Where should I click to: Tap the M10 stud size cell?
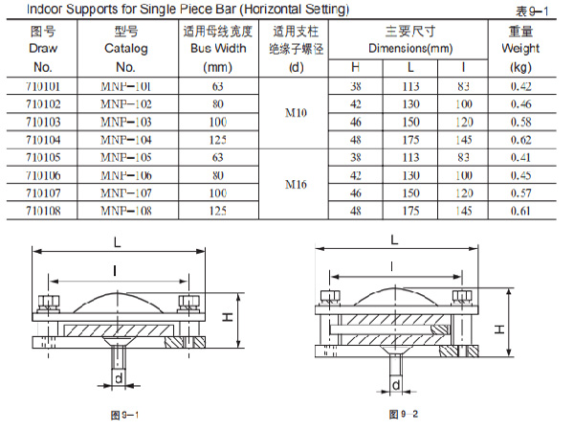pos(296,113)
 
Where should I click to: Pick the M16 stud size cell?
pos(296,183)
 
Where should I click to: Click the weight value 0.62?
pos(520,139)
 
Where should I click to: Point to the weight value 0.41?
pos(520,156)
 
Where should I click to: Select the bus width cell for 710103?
pos(217,122)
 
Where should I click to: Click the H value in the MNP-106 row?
pos(356,174)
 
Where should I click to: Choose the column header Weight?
pos(520,47)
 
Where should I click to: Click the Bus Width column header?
pos(217,47)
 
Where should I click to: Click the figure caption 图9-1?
pos(124,415)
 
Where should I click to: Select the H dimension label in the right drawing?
pos(499,329)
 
